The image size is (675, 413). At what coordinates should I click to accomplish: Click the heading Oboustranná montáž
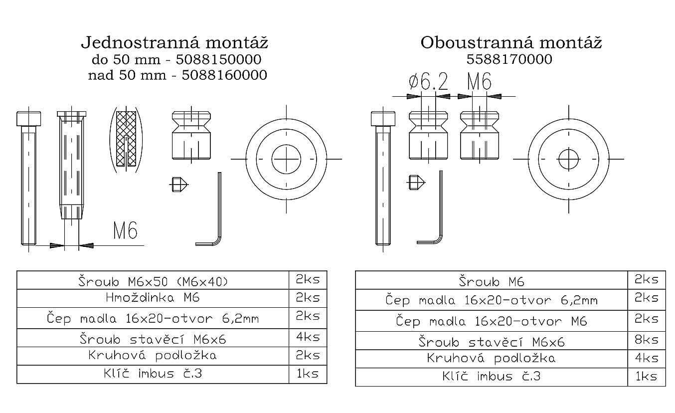(511, 42)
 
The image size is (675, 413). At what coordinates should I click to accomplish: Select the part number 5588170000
(509, 59)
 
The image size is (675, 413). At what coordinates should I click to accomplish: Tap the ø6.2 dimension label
(428, 81)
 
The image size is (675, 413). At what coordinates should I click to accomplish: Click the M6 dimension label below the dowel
(125, 230)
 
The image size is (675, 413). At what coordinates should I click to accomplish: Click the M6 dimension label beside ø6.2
(479, 81)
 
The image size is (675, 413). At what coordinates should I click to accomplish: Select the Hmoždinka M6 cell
(153, 298)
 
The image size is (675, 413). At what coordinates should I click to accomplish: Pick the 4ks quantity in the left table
(308, 337)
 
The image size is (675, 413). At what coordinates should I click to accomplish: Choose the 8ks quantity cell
(646, 340)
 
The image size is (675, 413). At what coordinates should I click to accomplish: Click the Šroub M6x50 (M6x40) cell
(153, 281)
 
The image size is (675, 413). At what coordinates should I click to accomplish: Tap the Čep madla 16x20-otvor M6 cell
(491, 321)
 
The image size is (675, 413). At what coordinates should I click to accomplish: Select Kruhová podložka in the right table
(491, 358)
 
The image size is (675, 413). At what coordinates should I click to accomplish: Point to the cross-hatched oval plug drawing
(126, 139)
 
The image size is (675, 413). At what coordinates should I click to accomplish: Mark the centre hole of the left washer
(286, 159)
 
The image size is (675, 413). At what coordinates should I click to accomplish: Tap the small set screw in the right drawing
(417, 183)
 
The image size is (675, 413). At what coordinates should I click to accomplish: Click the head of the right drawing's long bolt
(382, 119)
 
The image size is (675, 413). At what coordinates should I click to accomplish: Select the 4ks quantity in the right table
(646, 358)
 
